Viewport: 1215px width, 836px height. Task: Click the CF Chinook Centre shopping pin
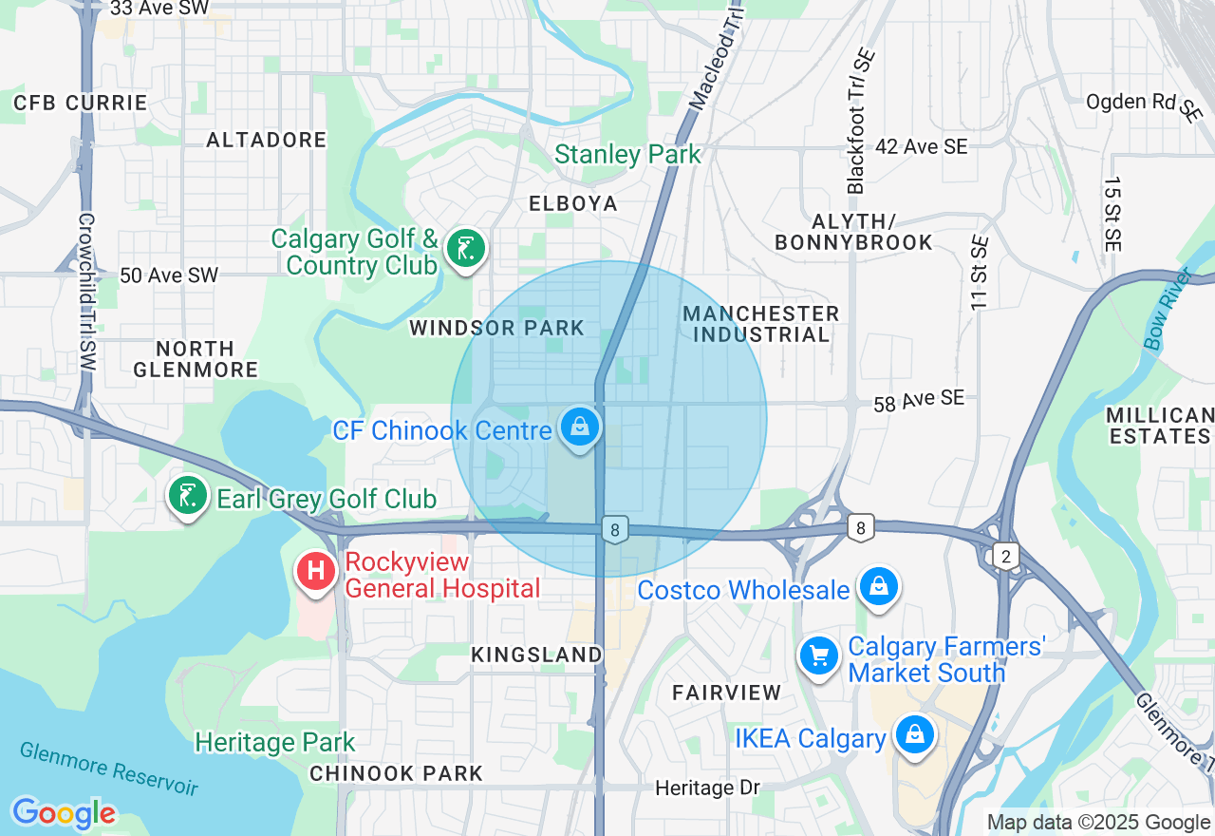tap(580, 427)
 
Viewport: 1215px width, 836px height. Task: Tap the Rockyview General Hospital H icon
tap(316, 571)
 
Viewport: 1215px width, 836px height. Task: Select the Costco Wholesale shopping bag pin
tap(879, 587)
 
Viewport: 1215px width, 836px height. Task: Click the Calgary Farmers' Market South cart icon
tap(817, 655)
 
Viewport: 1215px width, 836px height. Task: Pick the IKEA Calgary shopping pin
tap(914, 734)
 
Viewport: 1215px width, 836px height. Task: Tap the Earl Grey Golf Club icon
tap(188, 495)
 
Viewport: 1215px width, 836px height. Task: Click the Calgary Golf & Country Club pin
tap(464, 249)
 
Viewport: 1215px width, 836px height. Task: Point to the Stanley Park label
tap(627, 154)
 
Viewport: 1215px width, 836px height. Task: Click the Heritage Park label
tap(274, 742)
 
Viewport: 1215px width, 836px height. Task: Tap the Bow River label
tap(1166, 310)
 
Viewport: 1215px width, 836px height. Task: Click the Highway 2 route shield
tap(1004, 556)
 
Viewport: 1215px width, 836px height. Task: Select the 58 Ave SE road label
tap(918, 401)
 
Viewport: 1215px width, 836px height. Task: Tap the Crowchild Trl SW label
tap(87, 292)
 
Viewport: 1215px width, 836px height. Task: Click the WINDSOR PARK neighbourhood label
tap(496, 329)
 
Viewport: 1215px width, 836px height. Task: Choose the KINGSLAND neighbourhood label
tap(536, 655)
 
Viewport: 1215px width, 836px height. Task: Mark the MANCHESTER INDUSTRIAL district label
tap(760, 324)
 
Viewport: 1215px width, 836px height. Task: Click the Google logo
tap(64, 814)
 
